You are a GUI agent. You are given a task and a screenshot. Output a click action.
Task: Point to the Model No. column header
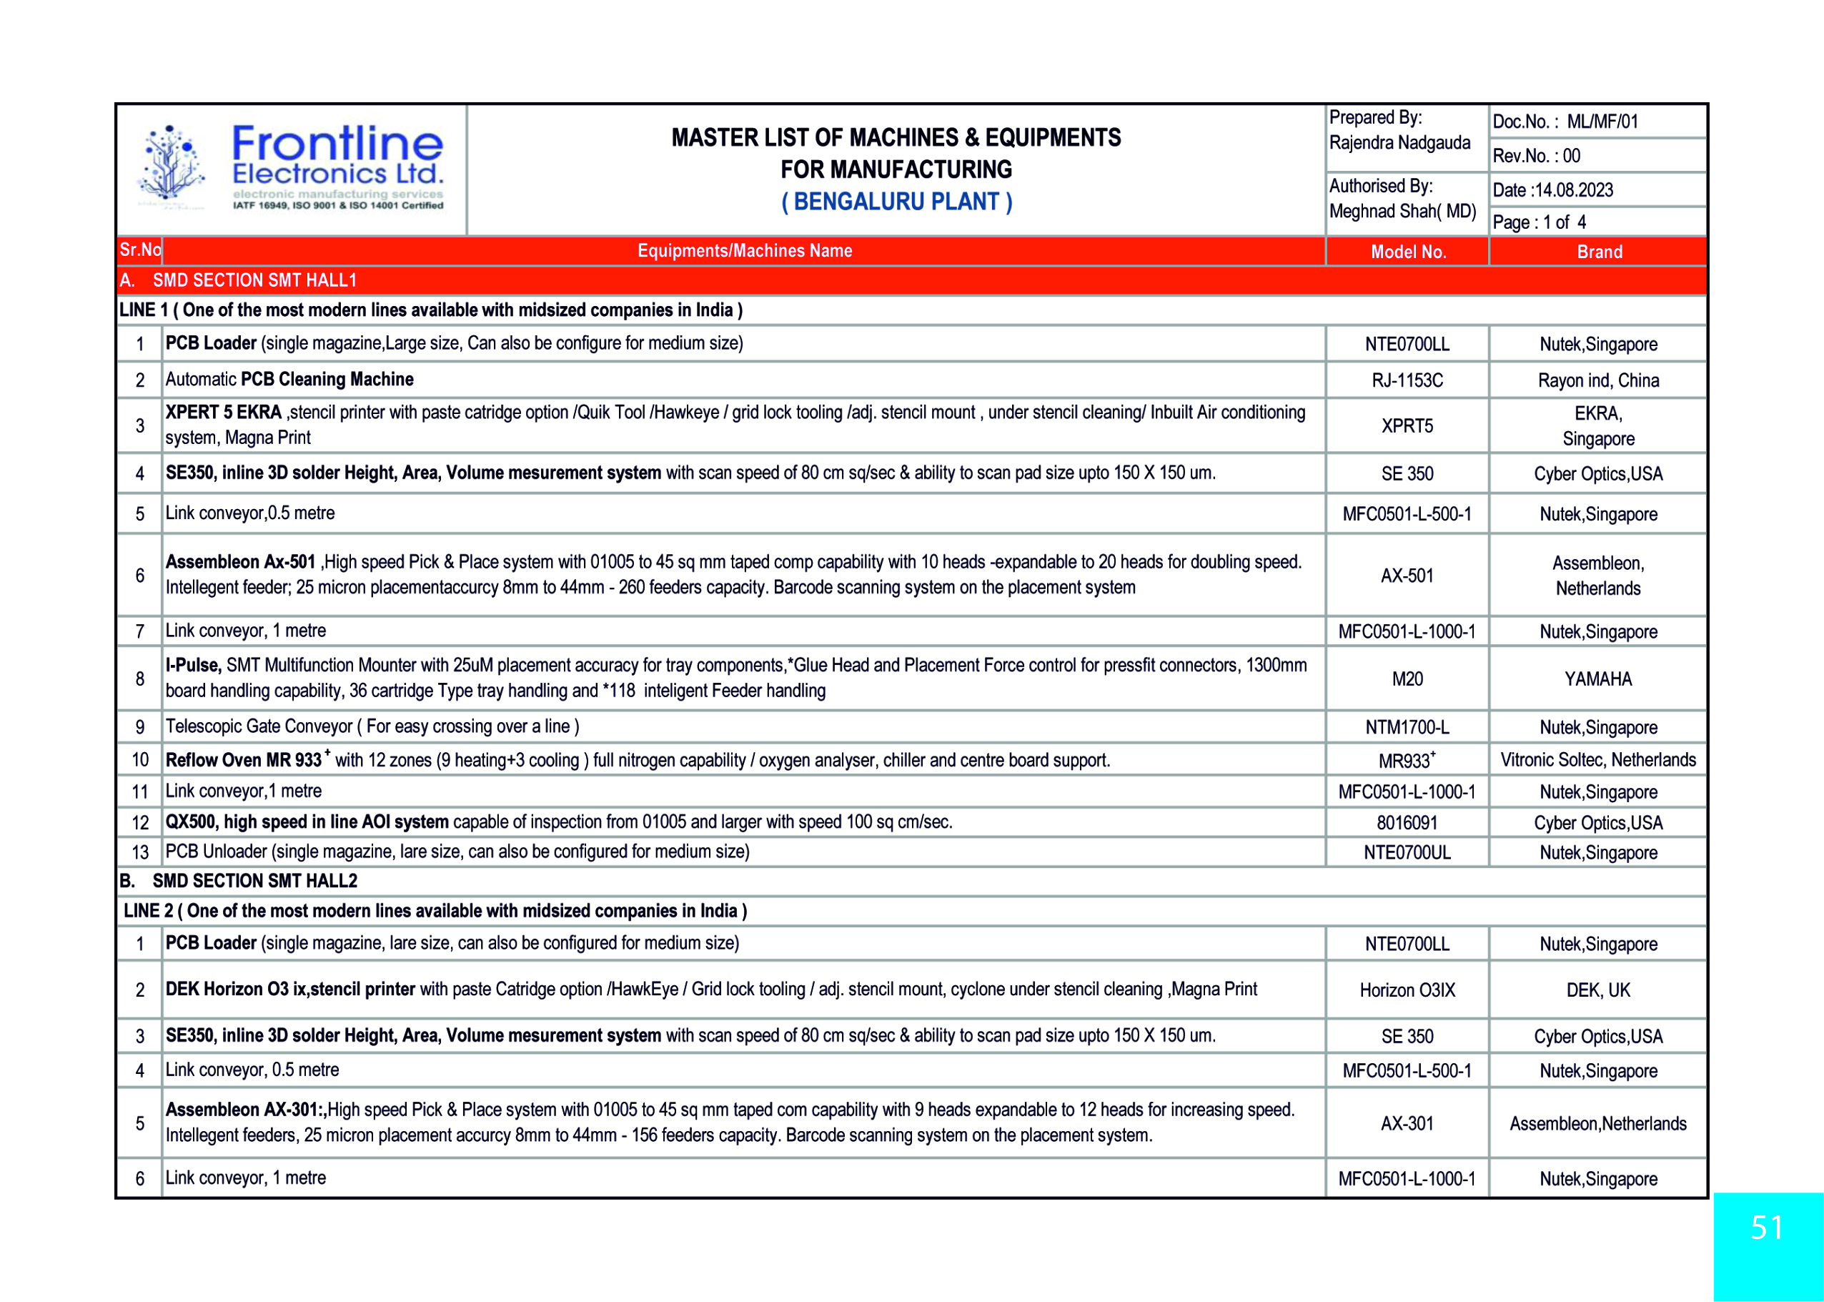click(x=1407, y=252)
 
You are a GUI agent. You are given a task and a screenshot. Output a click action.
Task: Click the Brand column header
click(x=1599, y=252)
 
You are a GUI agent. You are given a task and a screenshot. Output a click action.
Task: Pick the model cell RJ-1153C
click(x=1407, y=380)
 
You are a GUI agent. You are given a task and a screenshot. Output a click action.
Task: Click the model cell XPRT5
click(x=1407, y=425)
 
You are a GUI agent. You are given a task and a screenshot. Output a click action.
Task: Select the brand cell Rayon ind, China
click(x=1598, y=380)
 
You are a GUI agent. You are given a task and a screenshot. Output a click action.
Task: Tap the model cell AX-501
click(x=1407, y=576)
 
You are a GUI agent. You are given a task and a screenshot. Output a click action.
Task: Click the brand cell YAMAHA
click(x=1598, y=679)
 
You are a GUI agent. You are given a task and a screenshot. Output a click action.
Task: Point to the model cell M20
click(x=1407, y=679)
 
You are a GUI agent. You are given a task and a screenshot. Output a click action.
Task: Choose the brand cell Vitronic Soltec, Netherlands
click(x=1598, y=759)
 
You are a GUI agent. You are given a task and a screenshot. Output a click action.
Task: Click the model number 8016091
click(x=1407, y=822)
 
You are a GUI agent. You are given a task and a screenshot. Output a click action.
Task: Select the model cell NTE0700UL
click(x=1407, y=852)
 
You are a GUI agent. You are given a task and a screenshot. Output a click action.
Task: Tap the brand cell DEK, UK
click(x=1598, y=990)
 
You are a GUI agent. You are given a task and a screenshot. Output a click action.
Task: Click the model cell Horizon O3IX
click(x=1407, y=990)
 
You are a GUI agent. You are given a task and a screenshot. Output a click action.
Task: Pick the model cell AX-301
click(x=1407, y=1123)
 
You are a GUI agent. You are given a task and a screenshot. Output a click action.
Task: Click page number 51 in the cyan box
click(x=1766, y=1228)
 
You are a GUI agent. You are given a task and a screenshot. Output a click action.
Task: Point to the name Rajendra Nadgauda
click(x=1399, y=143)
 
